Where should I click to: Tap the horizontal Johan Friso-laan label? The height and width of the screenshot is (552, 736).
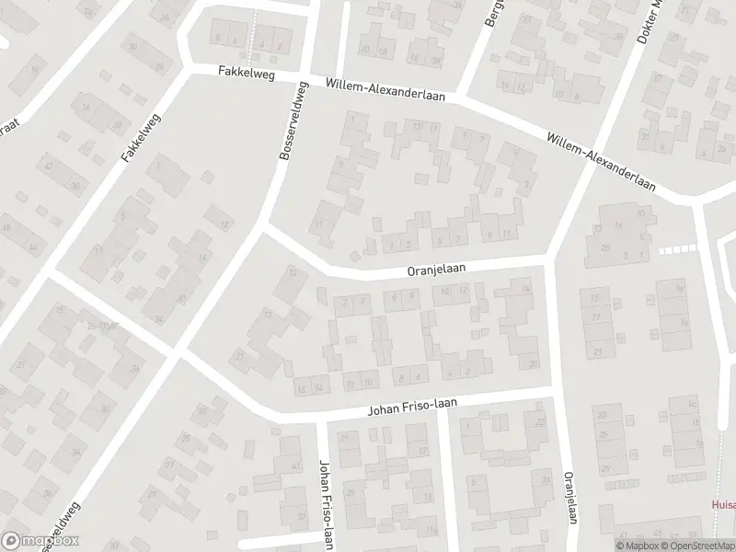tap(412, 406)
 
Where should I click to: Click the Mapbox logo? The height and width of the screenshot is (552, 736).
tap(40, 541)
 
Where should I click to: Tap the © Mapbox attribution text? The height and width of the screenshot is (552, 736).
tap(638, 545)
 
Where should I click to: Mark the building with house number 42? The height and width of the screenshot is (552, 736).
tap(48, 166)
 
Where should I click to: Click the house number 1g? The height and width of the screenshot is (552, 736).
tap(682, 288)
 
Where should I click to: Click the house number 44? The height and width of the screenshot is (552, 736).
tap(33, 247)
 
